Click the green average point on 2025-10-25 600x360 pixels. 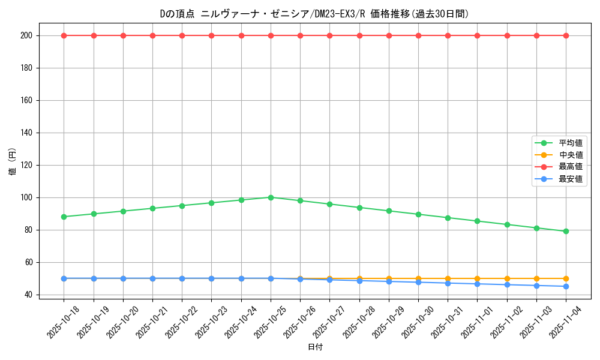click(x=271, y=197)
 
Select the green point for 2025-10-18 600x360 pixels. click(x=64, y=217)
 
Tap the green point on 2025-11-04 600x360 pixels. click(x=566, y=231)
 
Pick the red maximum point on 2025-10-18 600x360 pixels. click(x=64, y=35)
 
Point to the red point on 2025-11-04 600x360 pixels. click(x=566, y=35)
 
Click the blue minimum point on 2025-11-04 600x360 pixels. click(x=566, y=286)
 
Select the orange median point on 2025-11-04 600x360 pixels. click(x=566, y=278)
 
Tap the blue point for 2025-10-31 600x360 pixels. click(x=448, y=283)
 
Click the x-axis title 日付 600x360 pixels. click(x=315, y=347)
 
